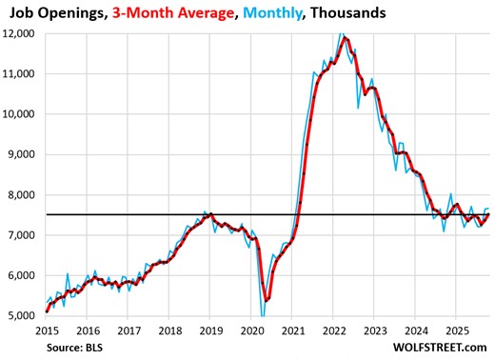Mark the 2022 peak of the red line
345,39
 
